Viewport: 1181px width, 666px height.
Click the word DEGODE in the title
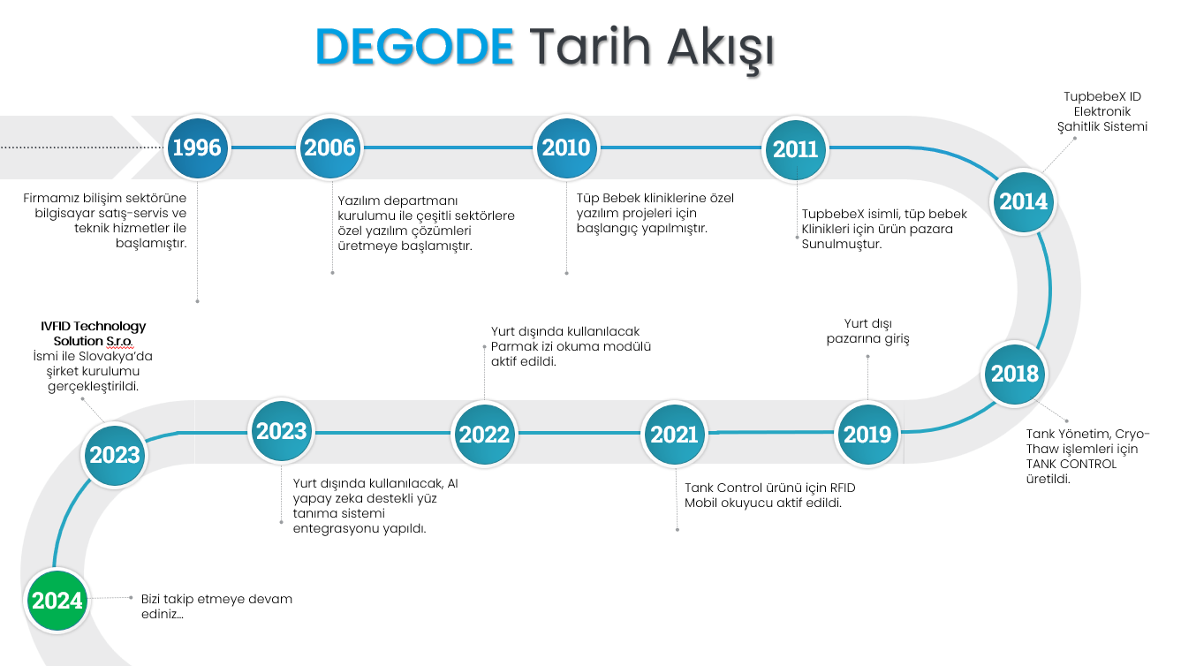click(x=414, y=47)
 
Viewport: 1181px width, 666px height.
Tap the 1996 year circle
click(x=197, y=148)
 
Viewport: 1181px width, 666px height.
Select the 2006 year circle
click(x=330, y=148)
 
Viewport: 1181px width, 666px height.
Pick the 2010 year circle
click(x=566, y=148)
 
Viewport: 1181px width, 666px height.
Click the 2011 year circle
click(x=795, y=149)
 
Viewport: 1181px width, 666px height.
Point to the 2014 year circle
click(x=1024, y=201)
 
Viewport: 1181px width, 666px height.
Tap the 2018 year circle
click(x=1015, y=374)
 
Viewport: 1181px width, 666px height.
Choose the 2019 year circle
click(x=867, y=435)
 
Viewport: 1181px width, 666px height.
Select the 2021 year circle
click(x=674, y=435)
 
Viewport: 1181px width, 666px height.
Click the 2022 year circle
click(x=484, y=435)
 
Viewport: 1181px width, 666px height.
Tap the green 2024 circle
click(x=57, y=601)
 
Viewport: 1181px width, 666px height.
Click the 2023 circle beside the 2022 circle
click(x=281, y=431)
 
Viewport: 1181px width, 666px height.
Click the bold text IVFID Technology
click(x=94, y=327)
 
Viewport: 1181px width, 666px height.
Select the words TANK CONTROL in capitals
click(x=1071, y=464)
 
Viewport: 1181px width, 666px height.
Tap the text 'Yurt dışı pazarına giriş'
click(x=867, y=331)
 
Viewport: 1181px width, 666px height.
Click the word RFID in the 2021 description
click(x=842, y=488)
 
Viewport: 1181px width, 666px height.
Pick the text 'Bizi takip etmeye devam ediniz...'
click(x=216, y=607)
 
